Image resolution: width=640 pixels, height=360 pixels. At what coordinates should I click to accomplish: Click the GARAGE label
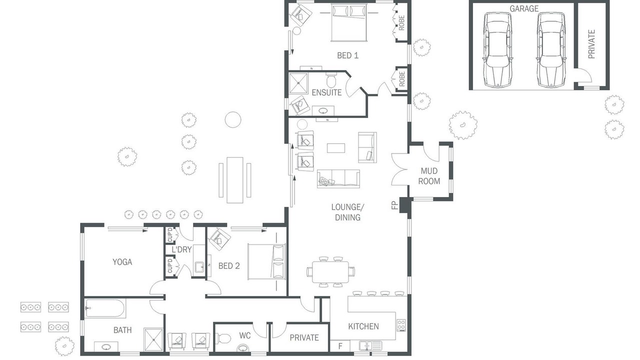click(x=524, y=8)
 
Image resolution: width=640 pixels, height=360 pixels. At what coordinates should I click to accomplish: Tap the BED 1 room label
click(x=347, y=55)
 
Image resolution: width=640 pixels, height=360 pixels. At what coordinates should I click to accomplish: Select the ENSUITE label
click(x=326, y=92)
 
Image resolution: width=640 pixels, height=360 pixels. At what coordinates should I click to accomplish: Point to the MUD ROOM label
click(x=429, y=176)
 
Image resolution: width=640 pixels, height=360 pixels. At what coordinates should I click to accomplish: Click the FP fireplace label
click(x=395, y=205)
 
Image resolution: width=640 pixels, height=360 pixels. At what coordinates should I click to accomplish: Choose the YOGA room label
click(x=122, y=262)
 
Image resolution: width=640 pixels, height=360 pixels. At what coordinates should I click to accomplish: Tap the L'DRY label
click(x=181, y=249)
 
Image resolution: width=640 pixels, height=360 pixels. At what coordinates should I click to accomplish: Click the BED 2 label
click(x=229, y=266)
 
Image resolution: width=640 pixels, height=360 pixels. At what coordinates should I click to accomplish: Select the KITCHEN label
click(x=363, y=326)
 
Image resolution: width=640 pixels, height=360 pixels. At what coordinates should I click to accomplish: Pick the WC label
click(x=245, y=335)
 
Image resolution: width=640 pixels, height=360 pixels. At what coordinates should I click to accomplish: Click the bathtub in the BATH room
click(x=105, y=308)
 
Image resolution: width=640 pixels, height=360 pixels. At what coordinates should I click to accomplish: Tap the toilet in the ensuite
click(x=331, y=80)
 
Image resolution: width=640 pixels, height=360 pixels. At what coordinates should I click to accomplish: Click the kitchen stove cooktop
click(x=401, y=325)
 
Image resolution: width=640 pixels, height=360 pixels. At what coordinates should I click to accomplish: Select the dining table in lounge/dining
click(x=330, y=272)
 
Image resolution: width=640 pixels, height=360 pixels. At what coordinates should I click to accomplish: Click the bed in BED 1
click(x=348, y=22)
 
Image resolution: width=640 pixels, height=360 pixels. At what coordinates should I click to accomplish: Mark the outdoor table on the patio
click(x=235, y=180)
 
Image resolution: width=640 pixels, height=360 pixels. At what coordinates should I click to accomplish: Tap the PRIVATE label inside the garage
click(x=591, y=44)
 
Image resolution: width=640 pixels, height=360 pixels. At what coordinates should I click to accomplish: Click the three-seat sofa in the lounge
click(x=338, y=179)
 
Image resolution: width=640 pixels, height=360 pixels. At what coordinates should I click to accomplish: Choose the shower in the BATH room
click(x=154, y=339)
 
